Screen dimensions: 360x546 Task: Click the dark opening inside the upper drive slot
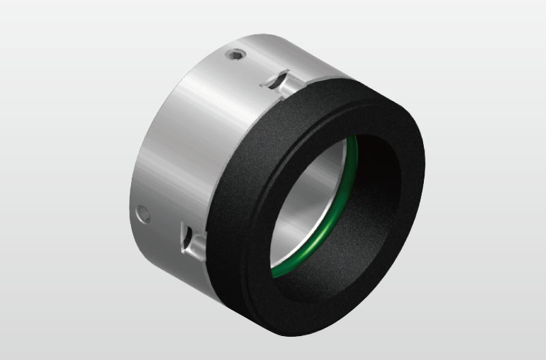click(x=273, y=84)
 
